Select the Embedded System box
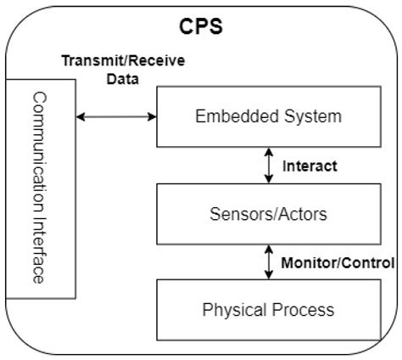[x=268, y=115]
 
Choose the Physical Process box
[x=268, y=309]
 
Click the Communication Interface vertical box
[x=39, y=188]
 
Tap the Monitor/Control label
[x=338, y=262]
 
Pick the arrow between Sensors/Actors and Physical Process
[x=268, y=261]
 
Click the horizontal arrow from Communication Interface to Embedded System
[x=117, y=115]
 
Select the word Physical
[x=231, y=309]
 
